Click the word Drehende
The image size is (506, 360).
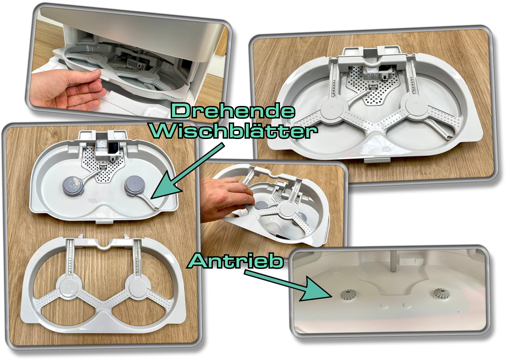coord(233,111)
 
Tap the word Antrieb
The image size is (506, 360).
coord(235,261)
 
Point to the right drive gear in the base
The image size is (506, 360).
coord(442,293)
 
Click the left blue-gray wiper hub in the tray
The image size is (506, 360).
coord(73,186)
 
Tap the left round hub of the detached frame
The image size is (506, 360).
coord(69,287)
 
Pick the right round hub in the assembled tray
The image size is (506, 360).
coord(416,105)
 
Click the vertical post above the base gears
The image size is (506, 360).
coord(393,261)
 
